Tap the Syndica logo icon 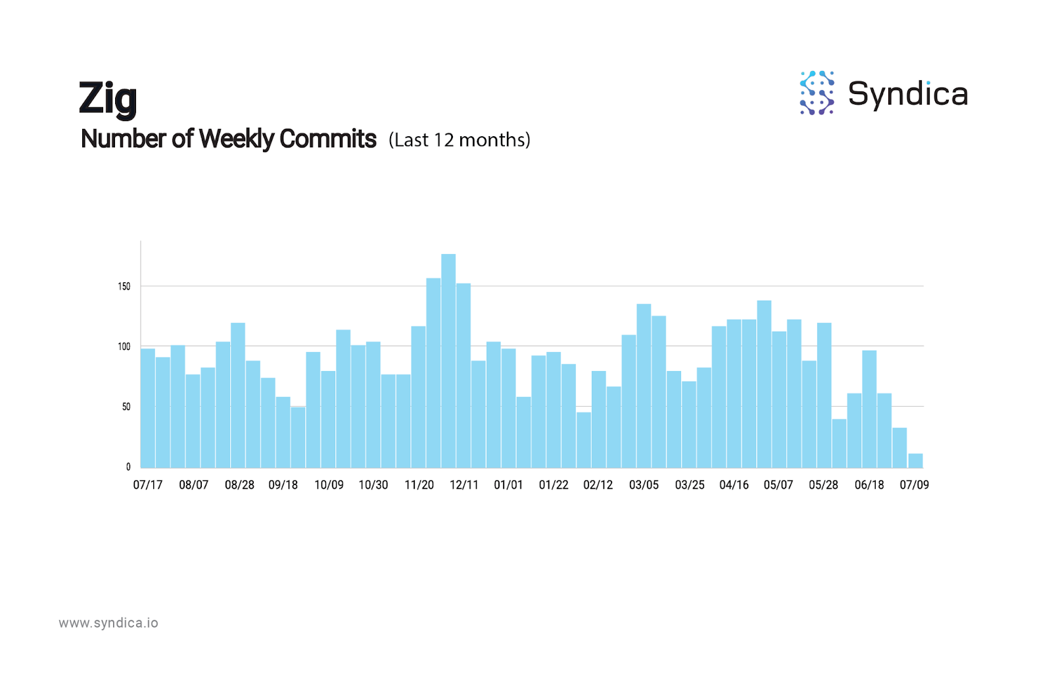(x=817, y=93)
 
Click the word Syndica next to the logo (x=907, y=94)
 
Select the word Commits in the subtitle (x=327, y=139)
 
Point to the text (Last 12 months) (x=459, y=140)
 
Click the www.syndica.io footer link (x=108, y=623)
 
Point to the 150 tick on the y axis (x=124, y=286)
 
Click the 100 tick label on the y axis (x=124, y=347)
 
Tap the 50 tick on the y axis (x=126, y=407)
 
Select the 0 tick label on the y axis (x=128, y=467)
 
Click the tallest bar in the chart (x=448, y=361)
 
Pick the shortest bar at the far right (x=915, y=461)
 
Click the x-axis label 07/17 (x=148, y=485)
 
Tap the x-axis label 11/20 (x=419, y=485)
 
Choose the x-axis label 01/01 (x=508, y=485)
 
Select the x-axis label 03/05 (x=644, y=485)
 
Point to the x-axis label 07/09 (x=914, y=485)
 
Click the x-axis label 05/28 (x=823, y=485)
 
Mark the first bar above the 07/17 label (x=148, y=408)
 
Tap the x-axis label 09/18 (x=283, y=485)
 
